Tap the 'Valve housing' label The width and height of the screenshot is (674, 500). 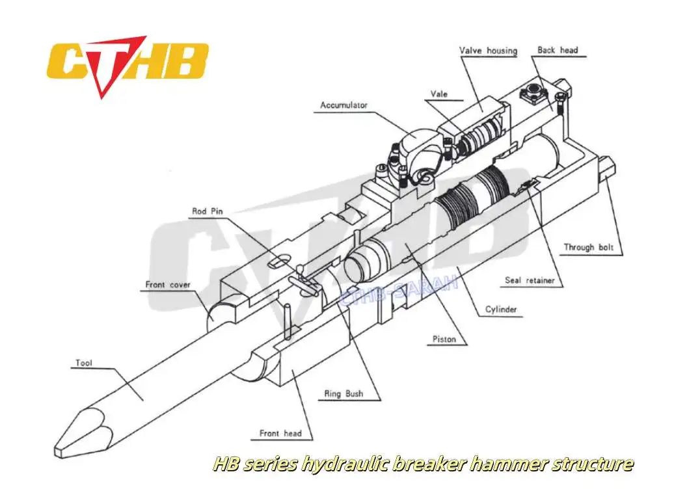[x=488, y=50]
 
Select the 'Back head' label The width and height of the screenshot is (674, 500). [x=558, y=49]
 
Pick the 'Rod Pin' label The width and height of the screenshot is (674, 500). [x=208, y=211]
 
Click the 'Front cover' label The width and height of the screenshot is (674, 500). [x=167, y=285]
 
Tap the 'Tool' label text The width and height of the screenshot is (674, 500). [x=84, y=363]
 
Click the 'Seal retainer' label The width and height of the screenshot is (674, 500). [x=530, y=281]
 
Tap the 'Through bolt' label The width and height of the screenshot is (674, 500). [x=588, y=247]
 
